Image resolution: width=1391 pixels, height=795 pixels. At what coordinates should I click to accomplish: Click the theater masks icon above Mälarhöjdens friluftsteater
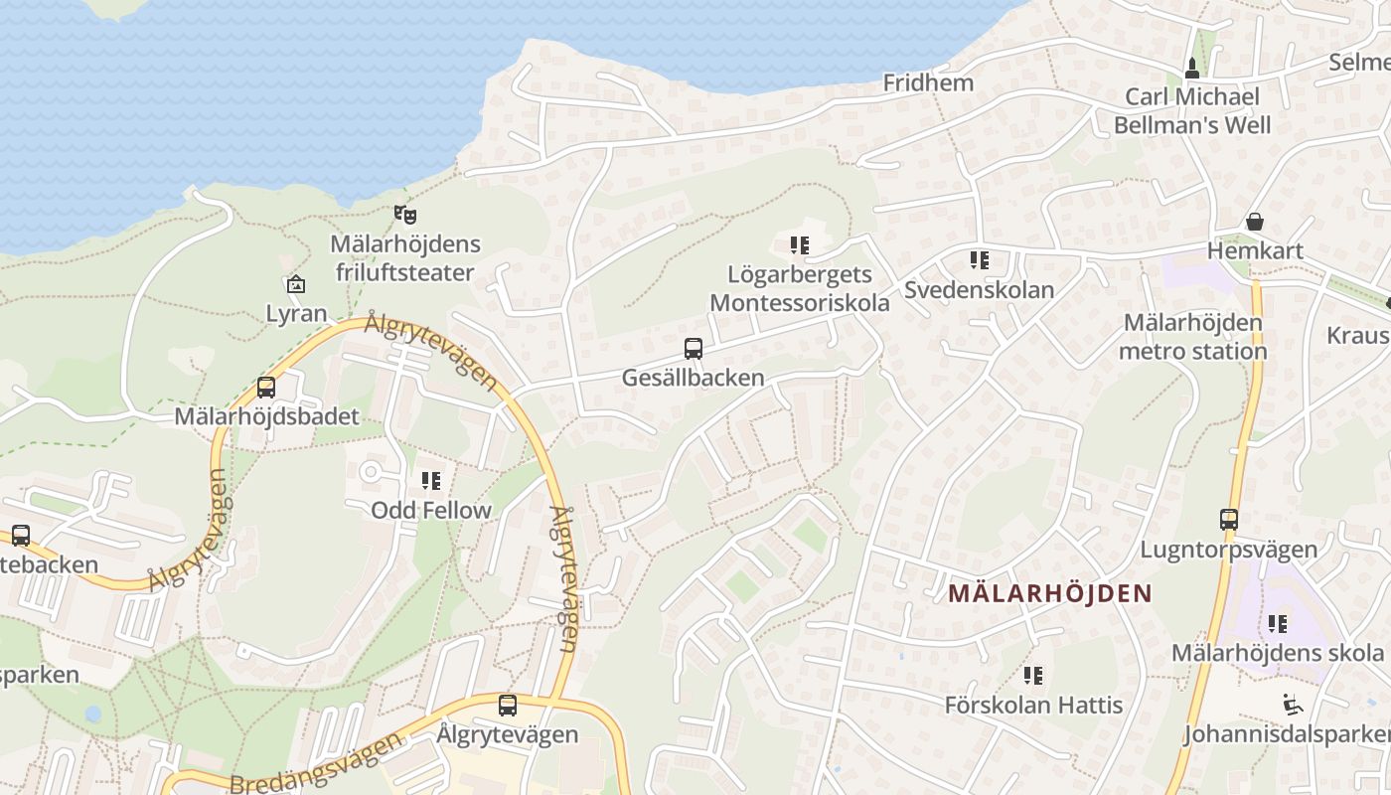(404, 214)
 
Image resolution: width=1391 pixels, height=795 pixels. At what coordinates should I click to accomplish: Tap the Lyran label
(296, 314)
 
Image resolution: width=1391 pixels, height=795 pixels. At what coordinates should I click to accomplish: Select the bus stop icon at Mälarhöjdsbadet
(266, 388)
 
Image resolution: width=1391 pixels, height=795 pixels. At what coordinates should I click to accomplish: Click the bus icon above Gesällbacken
(694, 349)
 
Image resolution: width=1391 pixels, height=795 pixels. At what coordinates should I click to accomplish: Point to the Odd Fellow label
(431, 511)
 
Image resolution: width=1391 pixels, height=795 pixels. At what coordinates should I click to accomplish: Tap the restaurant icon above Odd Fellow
(431, 481)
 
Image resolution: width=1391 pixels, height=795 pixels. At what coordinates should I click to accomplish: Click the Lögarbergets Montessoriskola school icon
(800, 244)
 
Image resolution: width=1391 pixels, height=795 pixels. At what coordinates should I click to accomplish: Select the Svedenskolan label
(979, 290)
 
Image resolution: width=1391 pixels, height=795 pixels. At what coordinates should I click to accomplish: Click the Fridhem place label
(928, 83)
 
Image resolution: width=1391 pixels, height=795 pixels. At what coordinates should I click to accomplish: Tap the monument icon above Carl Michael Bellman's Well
(1192, 68)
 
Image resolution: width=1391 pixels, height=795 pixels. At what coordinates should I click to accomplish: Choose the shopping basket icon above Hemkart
(1255, 222)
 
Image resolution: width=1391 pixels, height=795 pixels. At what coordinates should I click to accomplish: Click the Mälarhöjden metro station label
(1192, 337)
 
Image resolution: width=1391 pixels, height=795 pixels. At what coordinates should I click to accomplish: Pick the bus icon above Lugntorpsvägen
(1229, 519)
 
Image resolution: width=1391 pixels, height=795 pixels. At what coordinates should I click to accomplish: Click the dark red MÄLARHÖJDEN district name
(1050, 594)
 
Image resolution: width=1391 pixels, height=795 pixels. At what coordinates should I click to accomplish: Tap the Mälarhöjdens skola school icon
(1278, 624)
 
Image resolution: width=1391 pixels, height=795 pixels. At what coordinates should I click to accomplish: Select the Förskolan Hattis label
(1033, 706)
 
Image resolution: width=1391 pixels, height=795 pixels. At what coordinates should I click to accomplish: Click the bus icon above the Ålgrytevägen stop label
(508, 706)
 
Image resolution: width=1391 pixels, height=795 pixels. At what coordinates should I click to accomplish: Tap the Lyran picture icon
(295, 285)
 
